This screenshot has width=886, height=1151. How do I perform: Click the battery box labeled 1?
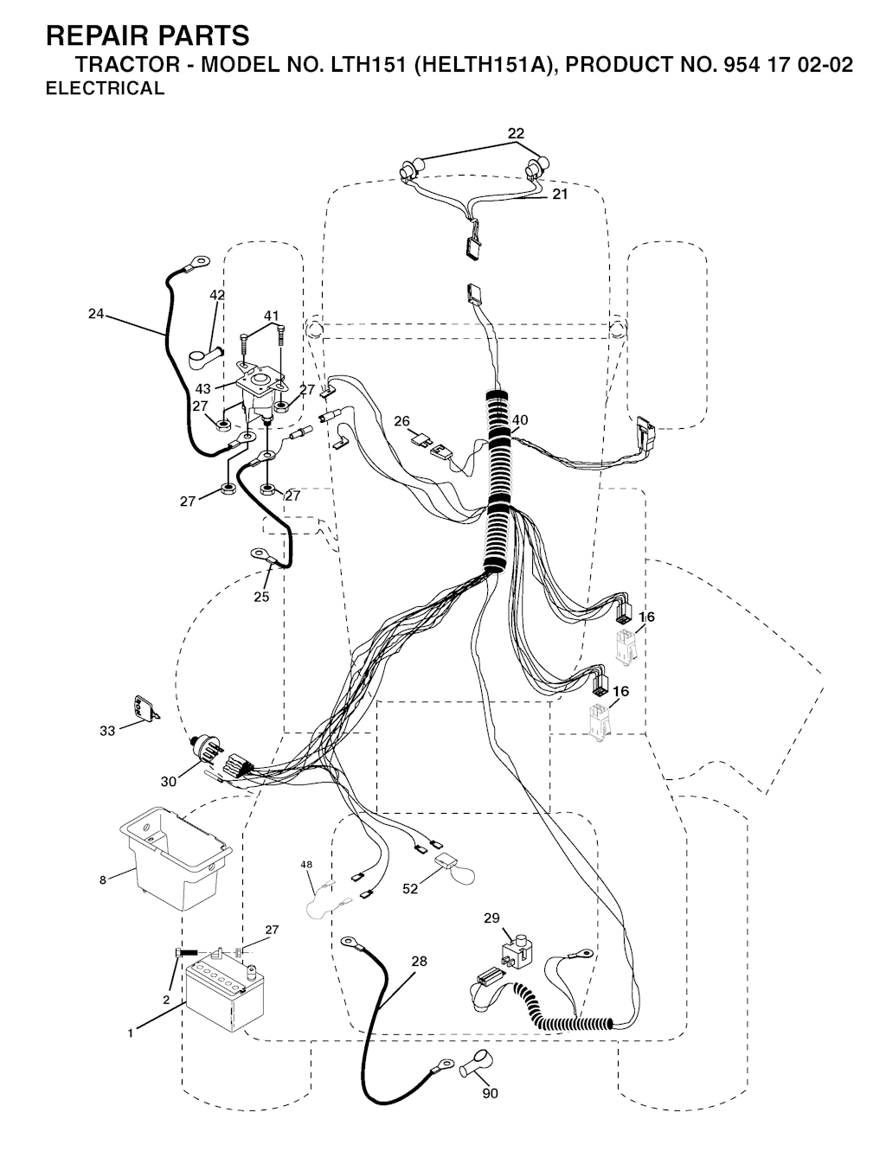click(224, 996)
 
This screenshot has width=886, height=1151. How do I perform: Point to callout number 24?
click(96, 314)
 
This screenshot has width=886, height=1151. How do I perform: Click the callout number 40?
click(520, 420)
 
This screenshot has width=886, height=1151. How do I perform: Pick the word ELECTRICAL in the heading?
click(105, 88)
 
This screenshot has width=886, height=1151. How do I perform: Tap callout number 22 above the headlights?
click(516, 133)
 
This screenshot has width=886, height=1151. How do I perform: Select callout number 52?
click(410, 888)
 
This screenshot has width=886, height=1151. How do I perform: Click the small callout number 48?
click(306, 865)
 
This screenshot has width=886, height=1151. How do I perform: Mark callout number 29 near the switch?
click(491, 918)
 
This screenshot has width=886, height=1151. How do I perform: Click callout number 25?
click(261, 597)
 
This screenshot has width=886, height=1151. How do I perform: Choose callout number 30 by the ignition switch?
click(168, 782)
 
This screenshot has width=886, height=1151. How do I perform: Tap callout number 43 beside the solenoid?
click(203, 389)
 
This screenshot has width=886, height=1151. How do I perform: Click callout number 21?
click(560, 195)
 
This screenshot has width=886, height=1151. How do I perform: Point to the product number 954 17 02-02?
click(780, 65)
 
